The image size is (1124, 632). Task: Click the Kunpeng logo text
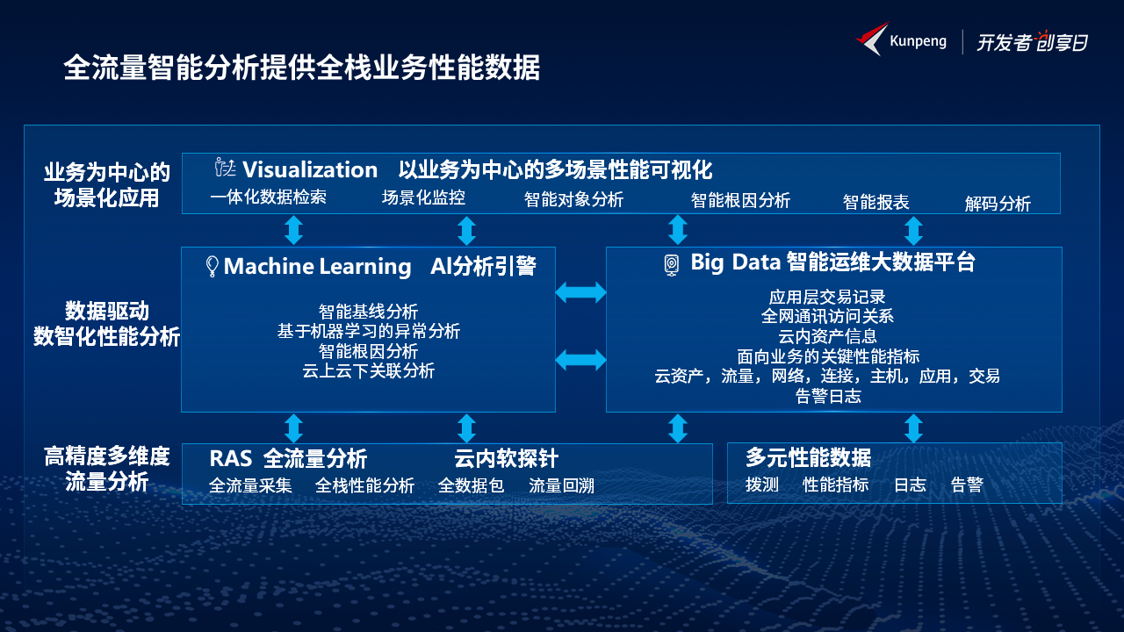918,41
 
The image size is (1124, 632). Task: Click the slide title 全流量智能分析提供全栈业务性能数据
302,68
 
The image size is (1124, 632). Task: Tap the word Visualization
310,169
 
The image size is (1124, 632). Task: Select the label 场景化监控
423,197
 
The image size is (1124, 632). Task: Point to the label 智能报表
875,202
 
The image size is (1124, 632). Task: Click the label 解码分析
998,204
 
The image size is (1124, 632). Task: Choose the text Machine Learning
317,266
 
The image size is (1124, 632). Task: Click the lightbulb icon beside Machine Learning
213,266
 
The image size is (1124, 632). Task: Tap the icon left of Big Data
672,265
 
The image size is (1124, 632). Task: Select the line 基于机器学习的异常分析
368,331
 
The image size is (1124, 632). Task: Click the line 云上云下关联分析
368,371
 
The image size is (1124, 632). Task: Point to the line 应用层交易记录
827,297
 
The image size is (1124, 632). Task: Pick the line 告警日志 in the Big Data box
828,396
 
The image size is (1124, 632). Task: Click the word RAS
231,458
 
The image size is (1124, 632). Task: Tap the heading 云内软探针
506,458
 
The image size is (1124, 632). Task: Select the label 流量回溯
561,485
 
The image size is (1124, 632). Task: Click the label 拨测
761,485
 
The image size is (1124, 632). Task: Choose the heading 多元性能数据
808,457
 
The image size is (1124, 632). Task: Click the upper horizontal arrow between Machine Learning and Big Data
580,292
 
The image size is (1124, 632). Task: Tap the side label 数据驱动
107,311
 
